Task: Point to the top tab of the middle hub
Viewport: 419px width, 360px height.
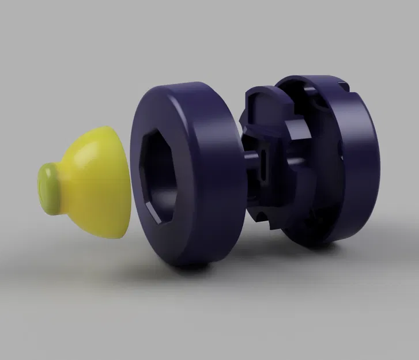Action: point(259,98)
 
